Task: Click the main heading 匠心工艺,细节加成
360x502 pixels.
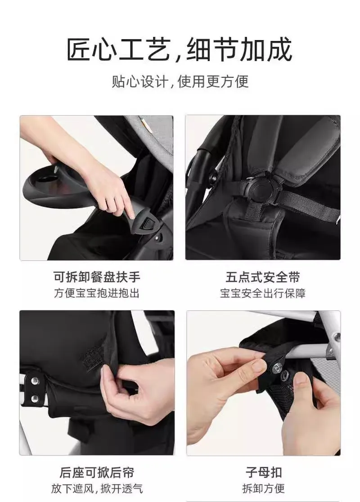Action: pyautogui.click(x=180, y=49)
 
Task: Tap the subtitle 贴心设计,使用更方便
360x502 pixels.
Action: pyautogui.click(x=180, y=81)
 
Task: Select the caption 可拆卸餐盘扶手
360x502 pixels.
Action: pyautogui.click(x=97, y=277)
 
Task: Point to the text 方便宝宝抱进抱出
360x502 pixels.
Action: pyautogui.click(x=97, y=293)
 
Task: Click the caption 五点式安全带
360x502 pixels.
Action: pyautogui.click(x=263, y=277)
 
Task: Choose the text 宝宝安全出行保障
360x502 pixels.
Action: pyautogui.click(x=263, y=293)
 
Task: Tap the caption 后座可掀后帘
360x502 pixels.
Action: pyautogui.click(x=97, y=473)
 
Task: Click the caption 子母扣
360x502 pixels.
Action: pyautogui.click(x=264, y=473)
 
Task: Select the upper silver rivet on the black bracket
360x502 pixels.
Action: pyautogui.click(x=34, y=381)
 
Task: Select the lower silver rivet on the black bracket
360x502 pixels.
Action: pyautogui.click(x=34, y=399)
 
